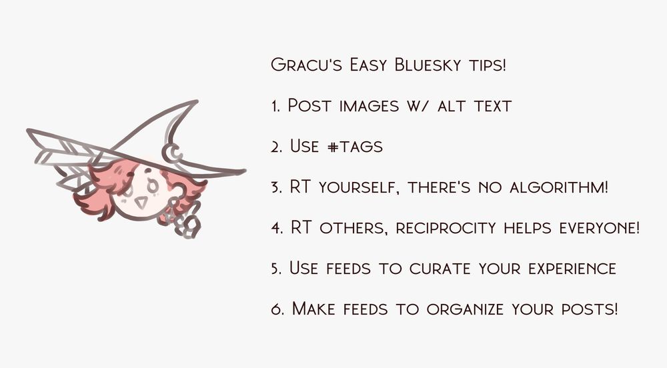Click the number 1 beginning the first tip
click(x=275, y=107)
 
